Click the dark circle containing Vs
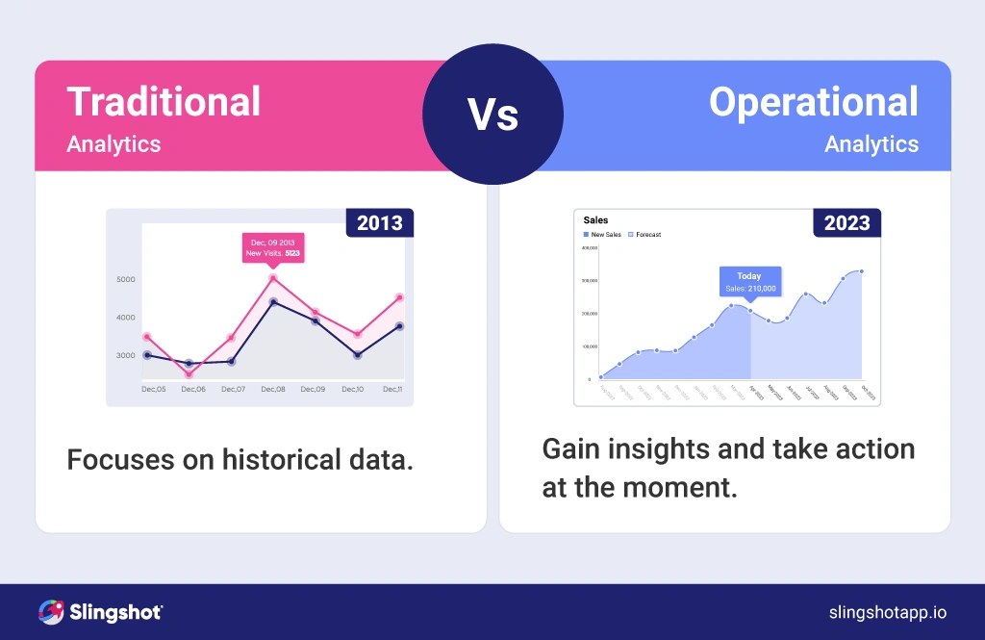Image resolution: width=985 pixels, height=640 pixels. [x=492, y=115]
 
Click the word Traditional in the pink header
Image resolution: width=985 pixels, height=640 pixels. [x=164, y=102]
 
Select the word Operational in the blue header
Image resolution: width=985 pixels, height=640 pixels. [x=813, y=102]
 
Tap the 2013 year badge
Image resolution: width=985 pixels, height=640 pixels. [x=379, y=223]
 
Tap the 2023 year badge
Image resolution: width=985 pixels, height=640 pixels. [x=846, y=223]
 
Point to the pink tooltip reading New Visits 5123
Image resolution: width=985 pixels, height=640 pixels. [x=273, y=246]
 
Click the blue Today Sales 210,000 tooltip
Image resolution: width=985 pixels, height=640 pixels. [x=749, y=281]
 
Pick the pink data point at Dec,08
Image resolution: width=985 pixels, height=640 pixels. [x=273, y=278]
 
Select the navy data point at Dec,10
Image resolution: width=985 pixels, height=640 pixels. [x=357, y=355]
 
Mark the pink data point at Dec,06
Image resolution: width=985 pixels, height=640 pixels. [x=189, y=374]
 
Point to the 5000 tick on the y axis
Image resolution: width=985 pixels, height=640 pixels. [x=126, y=280]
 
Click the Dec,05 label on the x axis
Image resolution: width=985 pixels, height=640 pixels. [x=153, y=389]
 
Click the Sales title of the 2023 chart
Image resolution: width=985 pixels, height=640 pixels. [x=596, y=220]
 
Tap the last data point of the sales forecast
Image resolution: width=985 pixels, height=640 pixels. [x=862, y=271]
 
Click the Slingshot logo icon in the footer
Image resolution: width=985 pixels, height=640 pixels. [x=51, y=612]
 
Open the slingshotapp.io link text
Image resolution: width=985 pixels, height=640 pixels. [x=887, y=612]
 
